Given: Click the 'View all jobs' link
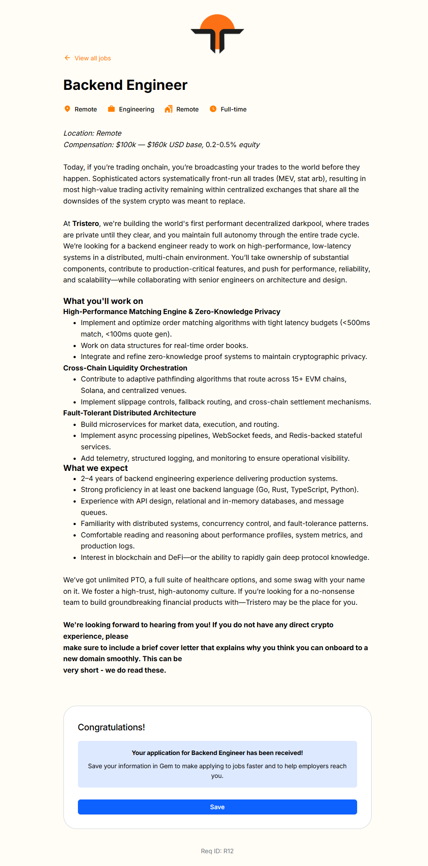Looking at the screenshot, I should pyautogui.click(x=92, y=58).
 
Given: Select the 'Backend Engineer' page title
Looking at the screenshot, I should pyautogui.click(x=125, y=85).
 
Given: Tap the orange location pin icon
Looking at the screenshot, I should pyautogui.click(x=67, y=109).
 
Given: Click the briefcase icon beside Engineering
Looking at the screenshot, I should pyautogui.click(x=111, y=109).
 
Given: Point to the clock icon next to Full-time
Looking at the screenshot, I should pyautogui.click(x=213, y=109).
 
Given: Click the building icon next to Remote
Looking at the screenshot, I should pyautogui.click(x=169, y=109).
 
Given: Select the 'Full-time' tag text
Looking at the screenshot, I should pyautogui.click(x=233, y=109).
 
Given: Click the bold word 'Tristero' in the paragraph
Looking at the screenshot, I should pyautogui.click(x=85, y=224).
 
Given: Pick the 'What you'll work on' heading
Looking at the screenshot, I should pyautogui.click(x=103, y=301).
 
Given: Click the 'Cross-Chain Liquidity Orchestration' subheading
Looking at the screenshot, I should pyautogui.click(x=125, y=368).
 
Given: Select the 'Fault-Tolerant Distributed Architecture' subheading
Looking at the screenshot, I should pyautogui.click(x=129, y=413).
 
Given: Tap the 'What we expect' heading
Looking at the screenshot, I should pyautogui.click(x=96, y=468).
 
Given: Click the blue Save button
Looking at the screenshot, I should pyautogui.click(x=217, y=807).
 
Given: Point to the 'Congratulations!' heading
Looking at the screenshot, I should pyautogui.click(x=111, y=727).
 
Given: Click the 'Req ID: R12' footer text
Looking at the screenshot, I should pyautogui.click(x=217, y=851).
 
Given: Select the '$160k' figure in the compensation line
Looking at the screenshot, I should pyautogui.click(x=157, y=144).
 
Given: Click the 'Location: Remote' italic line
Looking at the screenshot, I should pyautogui.click(x=92, y=133).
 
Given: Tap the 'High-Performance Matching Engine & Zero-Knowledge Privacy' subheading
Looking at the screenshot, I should pyautogui.click(x=172, y=311).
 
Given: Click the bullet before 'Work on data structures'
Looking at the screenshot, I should pyautogui.click(x=75, y=346).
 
